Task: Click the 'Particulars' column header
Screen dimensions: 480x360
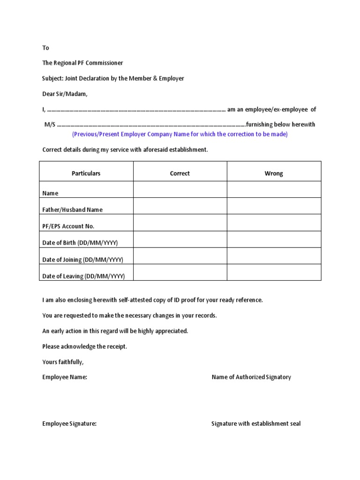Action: tap(86, 173)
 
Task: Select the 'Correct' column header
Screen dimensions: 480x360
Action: tap(180, 173)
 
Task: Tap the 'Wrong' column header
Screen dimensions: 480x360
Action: tap(274, 173)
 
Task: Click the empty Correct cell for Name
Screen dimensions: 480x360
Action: tap(180, 190)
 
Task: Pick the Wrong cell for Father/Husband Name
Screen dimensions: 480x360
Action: tap(274, 206)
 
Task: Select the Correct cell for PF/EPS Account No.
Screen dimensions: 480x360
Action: tap(180, 223)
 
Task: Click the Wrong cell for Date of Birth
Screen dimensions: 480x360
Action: tap(274, 240)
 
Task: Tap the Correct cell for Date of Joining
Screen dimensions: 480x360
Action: tap(180, 256)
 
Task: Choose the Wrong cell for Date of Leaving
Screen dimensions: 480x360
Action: tap(274, 272)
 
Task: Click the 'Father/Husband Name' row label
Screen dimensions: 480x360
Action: tap(72, 210)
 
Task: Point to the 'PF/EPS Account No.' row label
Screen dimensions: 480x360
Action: tap(68, 226)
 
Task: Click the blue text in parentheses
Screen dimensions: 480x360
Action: tap(180, 135)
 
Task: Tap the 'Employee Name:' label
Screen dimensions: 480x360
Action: tap(65, 377)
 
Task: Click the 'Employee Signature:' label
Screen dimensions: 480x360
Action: tap(69, 424)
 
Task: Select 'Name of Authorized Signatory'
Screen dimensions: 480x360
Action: tap(251, 377)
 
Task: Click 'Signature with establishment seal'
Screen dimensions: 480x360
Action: tap(256, 424)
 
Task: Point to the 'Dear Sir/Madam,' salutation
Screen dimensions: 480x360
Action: tap(65, 94)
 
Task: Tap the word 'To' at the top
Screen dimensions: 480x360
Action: tap(45, 48)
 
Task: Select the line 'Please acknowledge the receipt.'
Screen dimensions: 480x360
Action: tap(85, 346)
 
